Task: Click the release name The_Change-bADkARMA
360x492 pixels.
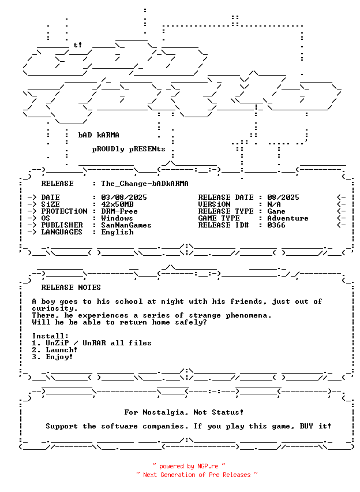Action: click(144, 184)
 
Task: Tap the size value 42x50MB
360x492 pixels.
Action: click(117, 204)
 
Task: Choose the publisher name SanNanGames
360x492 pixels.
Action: click(126, 225)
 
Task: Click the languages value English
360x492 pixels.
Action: click(117, 232)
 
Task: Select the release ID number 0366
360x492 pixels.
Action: click(276, 225)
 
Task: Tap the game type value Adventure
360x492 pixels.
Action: click(287, 218)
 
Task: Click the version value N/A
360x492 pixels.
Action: click(274, 204)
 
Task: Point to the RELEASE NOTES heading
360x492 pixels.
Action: click(71, 288)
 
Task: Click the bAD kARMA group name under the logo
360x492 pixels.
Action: click(99, 135)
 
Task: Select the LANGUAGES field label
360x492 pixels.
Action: click(63, 232)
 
